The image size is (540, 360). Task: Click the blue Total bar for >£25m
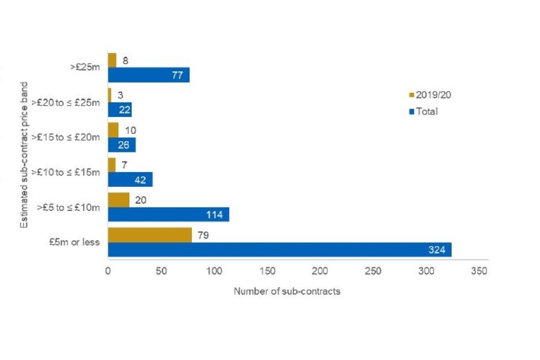[148, 75]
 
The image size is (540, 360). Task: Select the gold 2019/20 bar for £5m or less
[150, 235]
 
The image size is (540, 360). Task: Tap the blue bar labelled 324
[280, 250]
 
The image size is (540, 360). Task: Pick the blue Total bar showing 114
[168, 214]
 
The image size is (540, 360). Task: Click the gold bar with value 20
[119, 200]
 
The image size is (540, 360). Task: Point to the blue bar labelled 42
[130, 179]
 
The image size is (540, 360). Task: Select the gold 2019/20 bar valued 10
[113, 130]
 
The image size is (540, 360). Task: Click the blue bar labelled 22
[120, 110]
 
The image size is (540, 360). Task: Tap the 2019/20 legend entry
[430, 95]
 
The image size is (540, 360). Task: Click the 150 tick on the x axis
[268, 271]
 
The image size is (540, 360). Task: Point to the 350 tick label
[479, 271]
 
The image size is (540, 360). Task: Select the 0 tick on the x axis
[108, 271]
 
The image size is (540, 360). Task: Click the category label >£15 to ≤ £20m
[66, 137]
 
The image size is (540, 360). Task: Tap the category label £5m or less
[75, 242]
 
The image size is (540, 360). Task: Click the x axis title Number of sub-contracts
[287, 291]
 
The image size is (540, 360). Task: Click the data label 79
[203, 235]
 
